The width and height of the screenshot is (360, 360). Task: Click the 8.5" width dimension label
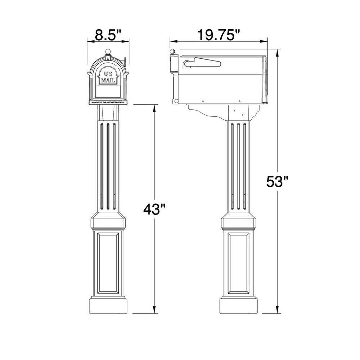(108, 36)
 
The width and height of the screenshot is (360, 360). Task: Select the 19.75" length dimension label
(219, 36)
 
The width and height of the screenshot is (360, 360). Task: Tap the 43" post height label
(154, 209)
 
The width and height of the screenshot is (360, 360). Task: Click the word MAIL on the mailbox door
(108, 80)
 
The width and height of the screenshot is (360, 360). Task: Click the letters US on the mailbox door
(108, 74)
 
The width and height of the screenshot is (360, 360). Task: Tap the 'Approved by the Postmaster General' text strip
(108, 103)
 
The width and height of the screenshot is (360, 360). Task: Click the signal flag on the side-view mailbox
(202, 63)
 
